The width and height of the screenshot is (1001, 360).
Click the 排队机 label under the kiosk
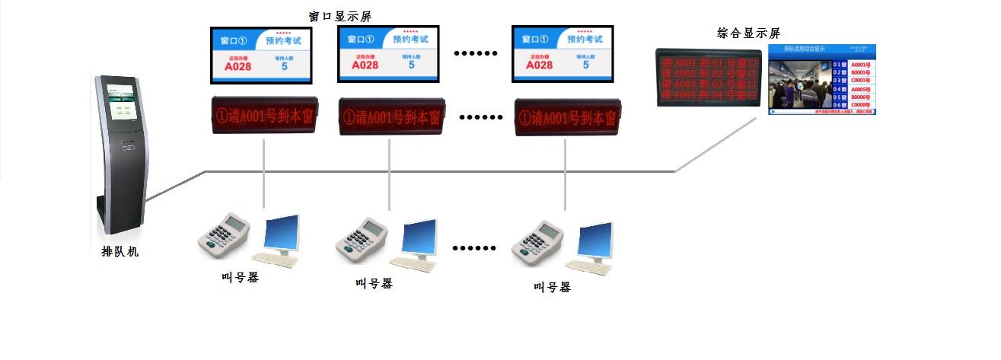[x=120, y=252]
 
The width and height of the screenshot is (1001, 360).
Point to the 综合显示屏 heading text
[x=749, y=33]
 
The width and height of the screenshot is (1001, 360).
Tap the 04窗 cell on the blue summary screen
[x=840, y=90]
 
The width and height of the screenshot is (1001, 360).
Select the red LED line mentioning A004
[x=709, y=95]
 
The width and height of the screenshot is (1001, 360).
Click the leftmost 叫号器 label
[x=241, y=277]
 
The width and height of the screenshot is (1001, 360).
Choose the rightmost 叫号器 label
[x=552, y=287]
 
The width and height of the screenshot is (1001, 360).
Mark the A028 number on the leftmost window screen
[x=237, y=66]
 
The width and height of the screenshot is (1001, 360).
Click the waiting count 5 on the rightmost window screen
[x=585, y=65]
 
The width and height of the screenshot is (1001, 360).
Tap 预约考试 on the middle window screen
[x=410, y=39]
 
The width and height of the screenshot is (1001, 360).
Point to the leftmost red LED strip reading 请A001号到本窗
[x=263, y=117]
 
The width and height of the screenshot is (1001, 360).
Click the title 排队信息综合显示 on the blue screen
[x=805, y=48]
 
